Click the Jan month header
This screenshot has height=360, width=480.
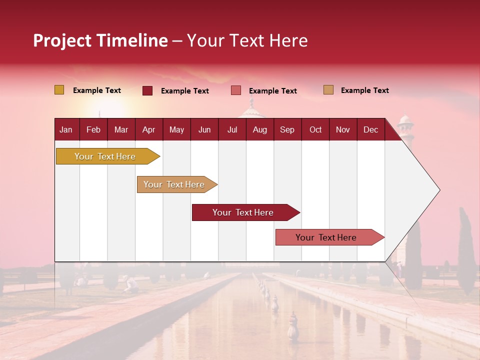pos(66,129)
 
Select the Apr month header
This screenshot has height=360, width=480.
pos(148,129)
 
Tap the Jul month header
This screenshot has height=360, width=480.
pos(232,129)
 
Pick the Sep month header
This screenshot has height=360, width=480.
pos(287,129)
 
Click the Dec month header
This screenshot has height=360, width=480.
pos(370,129)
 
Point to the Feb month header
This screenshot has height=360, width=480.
pos(93,129)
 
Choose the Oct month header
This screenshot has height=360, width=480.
pos(315,129)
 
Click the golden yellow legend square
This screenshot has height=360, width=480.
pos(59,90)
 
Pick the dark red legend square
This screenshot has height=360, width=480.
pos(147,90)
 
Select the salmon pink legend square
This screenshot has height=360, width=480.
pos(236,90)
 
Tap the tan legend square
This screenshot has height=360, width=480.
pos(328,90)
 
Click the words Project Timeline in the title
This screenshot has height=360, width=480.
pos(100,40)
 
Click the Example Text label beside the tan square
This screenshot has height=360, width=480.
pos(364,90)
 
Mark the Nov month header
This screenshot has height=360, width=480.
pos(342,129)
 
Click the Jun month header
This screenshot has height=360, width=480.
pos(204,129)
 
